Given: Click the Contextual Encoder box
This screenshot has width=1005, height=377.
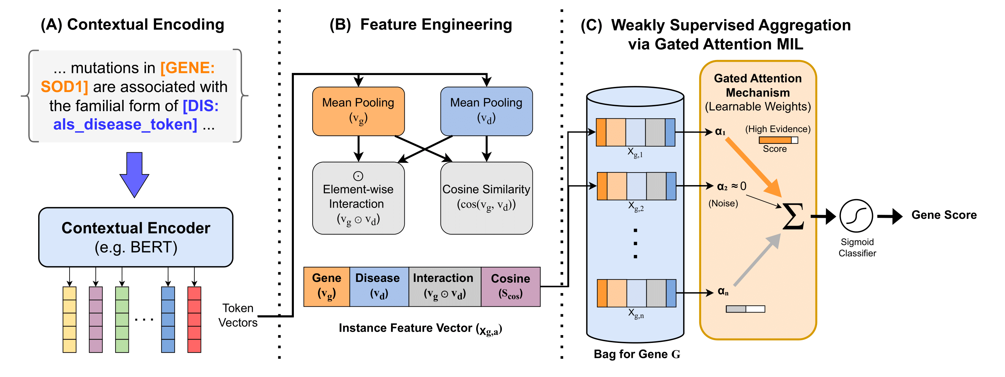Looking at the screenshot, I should (x=136, y=237).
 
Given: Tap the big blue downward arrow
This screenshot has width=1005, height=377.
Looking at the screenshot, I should (x=134, y=174).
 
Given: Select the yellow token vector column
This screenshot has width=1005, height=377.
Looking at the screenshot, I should (x=70, y=319).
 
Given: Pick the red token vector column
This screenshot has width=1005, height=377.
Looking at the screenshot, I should (x=194, y=319).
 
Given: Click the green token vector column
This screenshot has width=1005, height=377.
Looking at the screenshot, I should (x=122, y=319).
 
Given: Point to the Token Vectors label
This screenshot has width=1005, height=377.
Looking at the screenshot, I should (x=238, y=315).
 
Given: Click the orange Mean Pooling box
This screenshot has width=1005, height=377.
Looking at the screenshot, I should (x=358, y=111).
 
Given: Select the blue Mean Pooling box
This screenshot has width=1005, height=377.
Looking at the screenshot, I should (x=486, y=111).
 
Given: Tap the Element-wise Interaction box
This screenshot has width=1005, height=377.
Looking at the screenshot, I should (x=358, y=198).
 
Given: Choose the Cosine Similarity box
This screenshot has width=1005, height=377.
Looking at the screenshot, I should (x=486, y=198).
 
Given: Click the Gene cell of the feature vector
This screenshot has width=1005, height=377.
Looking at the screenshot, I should (x=327, y=286).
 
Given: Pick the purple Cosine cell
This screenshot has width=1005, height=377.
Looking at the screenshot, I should (x=510, y=286).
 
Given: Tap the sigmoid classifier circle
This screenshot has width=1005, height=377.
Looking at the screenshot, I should (x=856, y=216).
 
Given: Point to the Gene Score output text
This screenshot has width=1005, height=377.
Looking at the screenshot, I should (x=944, y=215).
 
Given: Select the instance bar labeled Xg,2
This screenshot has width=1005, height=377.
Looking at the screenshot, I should (x=636, y=186).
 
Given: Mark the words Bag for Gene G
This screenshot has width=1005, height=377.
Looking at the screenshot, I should (x=637, y=354).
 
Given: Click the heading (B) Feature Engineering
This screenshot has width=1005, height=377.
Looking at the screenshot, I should (x=421, y=25).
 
